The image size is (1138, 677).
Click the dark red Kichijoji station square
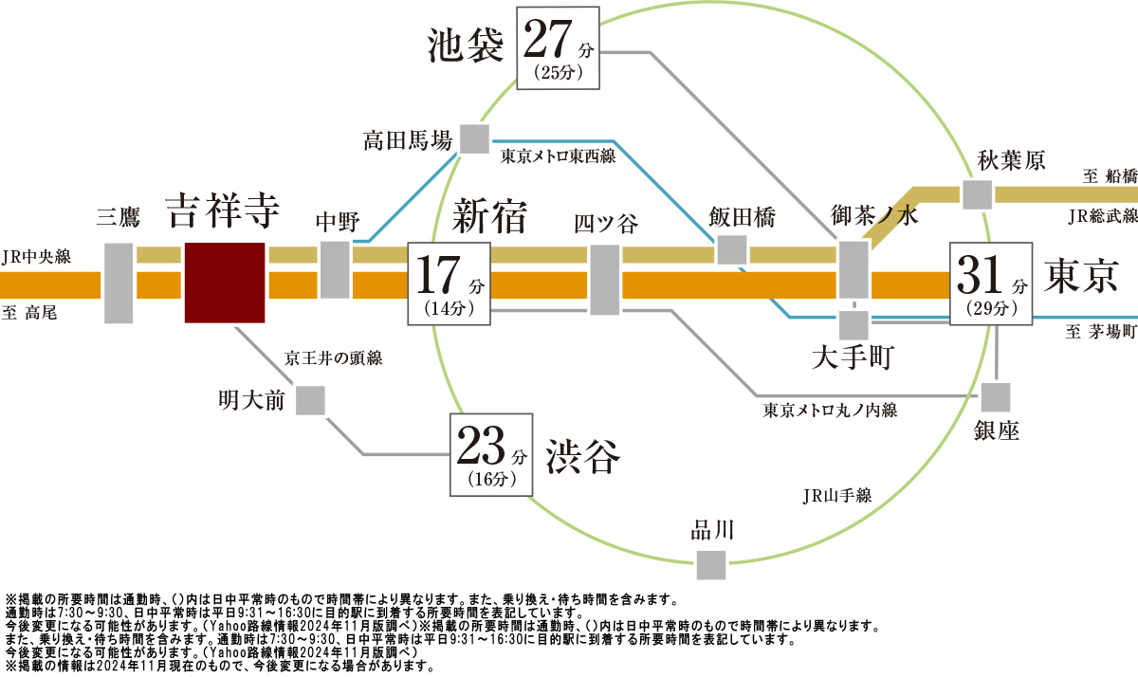pos(225,283)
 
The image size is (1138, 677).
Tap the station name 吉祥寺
pos(223,210)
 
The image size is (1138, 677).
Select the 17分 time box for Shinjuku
pos(450,284)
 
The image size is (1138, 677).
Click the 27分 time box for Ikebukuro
pos(558,48)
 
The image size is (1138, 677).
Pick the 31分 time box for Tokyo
pos(991,284)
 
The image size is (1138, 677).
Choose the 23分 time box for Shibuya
pos(491,454)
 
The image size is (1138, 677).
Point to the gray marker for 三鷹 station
pos(119,283)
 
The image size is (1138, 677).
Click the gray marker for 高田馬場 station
pos(474,138)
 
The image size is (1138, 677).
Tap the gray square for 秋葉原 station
pos(978,194)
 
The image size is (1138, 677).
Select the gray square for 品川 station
pos(711,565)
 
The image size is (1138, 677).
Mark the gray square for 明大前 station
pos(310,400)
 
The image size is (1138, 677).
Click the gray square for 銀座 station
pos(996,397)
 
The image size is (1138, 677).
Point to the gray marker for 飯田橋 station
pos(731,249)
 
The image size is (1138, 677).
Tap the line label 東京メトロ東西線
pos(558,156)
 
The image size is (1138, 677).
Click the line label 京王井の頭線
pos(333,358)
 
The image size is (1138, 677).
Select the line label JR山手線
pos(837,496)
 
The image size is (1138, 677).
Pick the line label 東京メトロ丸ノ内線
pos(830,411)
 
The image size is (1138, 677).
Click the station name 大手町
pos(853,357)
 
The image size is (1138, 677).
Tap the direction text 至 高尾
pos(29,312)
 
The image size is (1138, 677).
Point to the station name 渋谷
pos(583,457)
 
